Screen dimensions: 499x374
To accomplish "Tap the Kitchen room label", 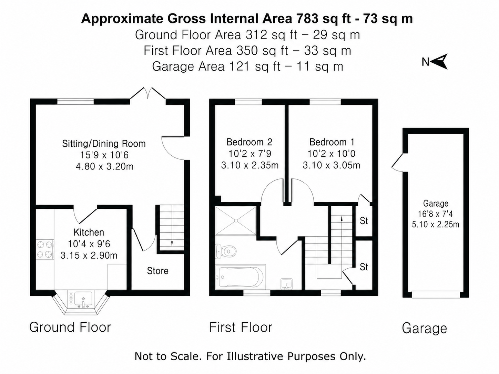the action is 89,232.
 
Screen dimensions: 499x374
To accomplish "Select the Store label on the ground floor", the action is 157,271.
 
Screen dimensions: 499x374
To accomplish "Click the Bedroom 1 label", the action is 332,142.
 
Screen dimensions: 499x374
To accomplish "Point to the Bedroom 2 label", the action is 250,142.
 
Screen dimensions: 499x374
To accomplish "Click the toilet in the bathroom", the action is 226,251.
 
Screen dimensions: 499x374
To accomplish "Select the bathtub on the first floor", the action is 240,277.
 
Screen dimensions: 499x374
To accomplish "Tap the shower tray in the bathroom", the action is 236,221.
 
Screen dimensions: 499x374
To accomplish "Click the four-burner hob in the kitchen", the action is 45,250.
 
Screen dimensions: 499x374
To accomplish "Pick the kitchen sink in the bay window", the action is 81,300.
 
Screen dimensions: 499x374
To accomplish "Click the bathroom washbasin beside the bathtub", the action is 286,284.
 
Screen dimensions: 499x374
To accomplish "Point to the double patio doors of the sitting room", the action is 148,93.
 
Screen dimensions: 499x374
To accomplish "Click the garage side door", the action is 397,163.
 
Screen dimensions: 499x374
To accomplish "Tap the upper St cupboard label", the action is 364,221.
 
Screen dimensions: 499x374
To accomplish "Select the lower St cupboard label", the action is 364,267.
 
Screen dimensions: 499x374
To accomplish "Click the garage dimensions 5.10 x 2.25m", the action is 436,225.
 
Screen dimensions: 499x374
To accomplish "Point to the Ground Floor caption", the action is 70,327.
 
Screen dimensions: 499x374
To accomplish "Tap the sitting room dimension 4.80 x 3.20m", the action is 104,166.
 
